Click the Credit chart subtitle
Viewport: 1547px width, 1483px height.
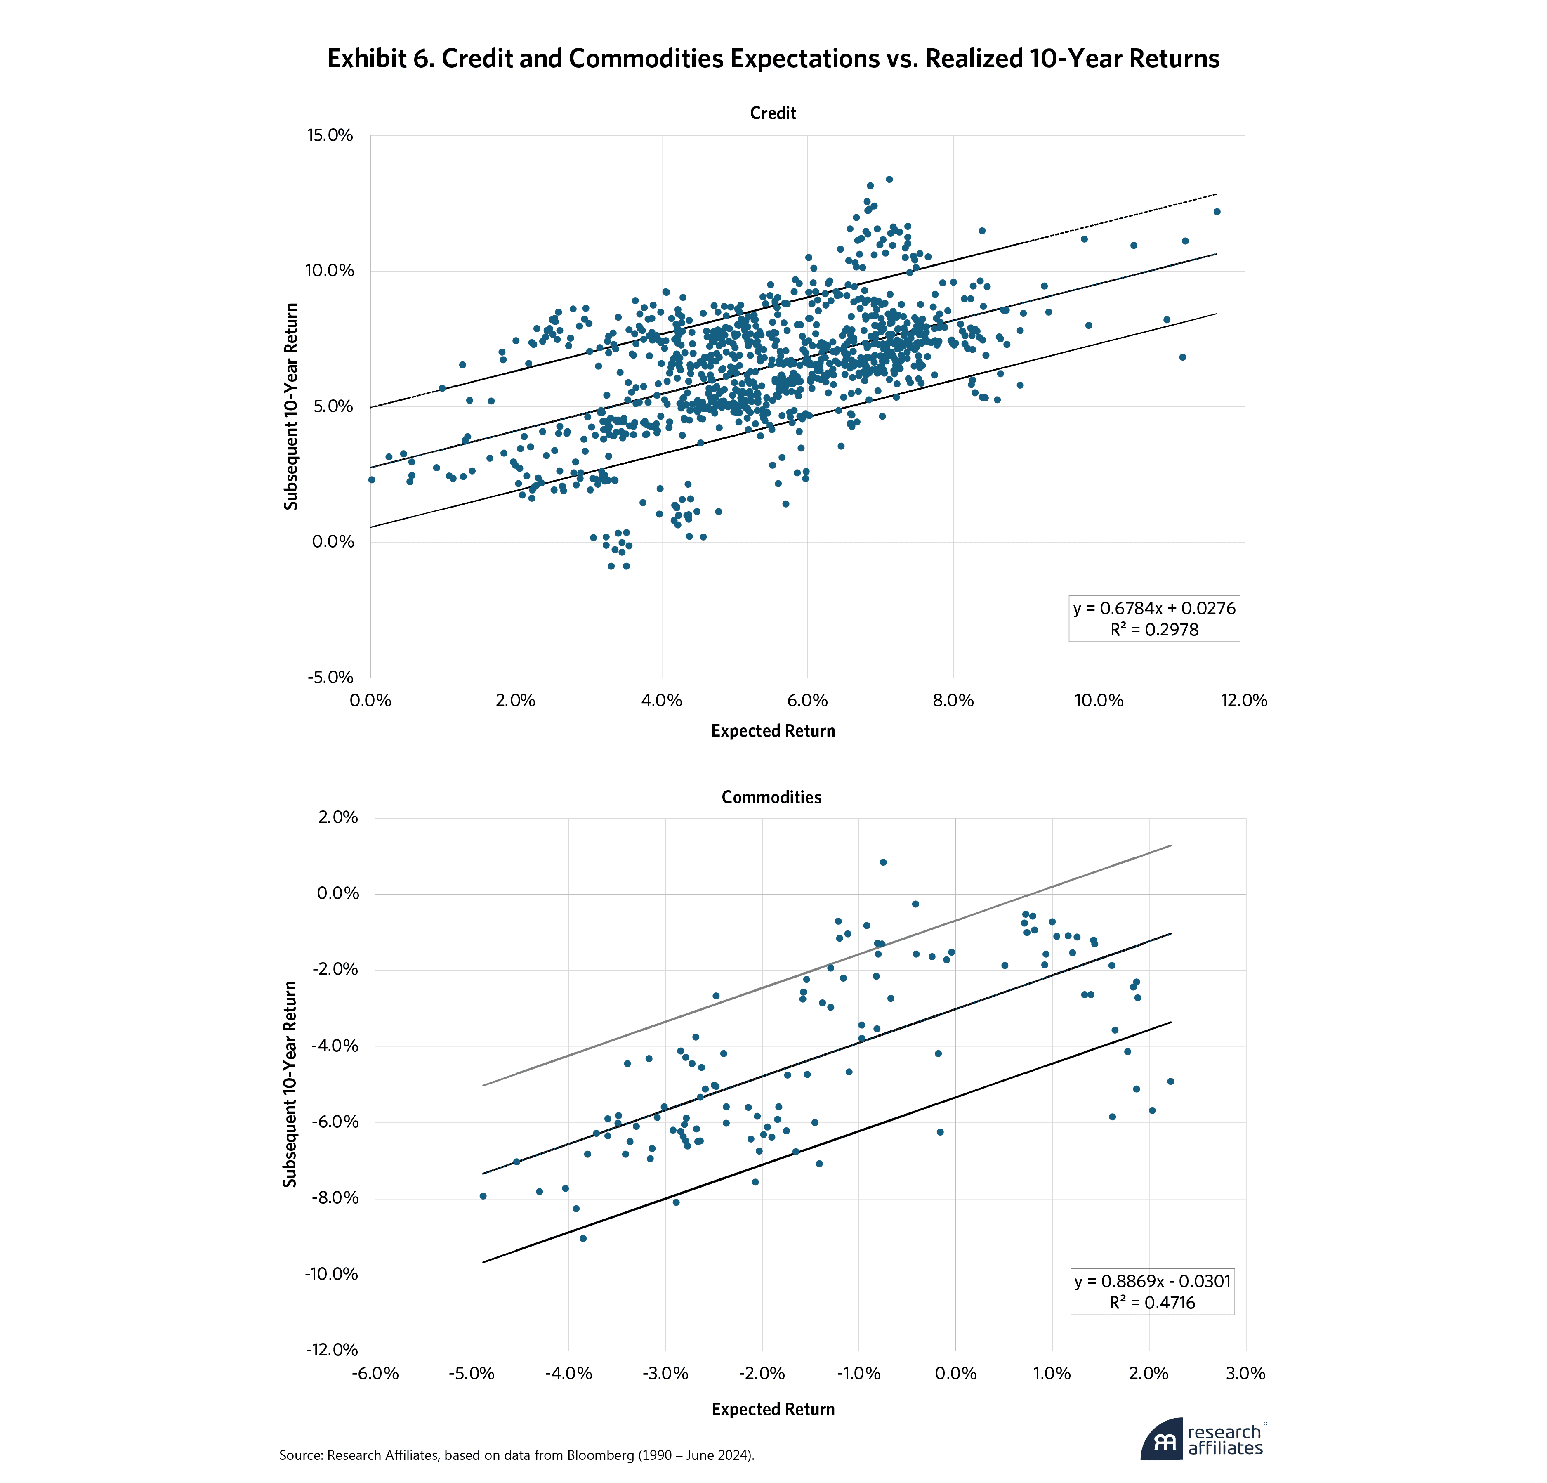(773, 113)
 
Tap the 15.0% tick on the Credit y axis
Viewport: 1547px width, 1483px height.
(330, 135)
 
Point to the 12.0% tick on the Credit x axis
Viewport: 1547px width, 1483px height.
(1244, 700)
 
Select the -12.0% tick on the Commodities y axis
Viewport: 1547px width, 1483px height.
(332, 1350)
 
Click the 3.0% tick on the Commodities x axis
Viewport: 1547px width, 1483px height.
(1245, 1373)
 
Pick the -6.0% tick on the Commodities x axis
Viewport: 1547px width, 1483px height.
(375, 1373)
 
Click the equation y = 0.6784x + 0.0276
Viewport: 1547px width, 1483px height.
(1154, 608)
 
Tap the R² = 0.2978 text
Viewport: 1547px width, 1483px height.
(1154, 629)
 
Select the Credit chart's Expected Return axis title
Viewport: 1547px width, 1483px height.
(773, 731)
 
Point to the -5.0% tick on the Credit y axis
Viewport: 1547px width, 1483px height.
(332, 678)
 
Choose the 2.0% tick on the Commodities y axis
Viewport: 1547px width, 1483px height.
(338, 817)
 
